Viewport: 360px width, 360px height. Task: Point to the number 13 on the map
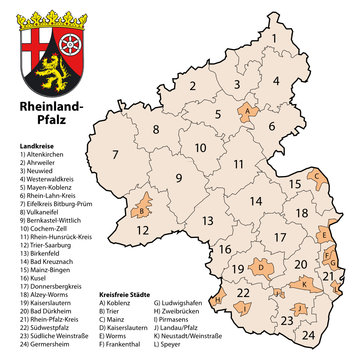pos(207,222)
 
